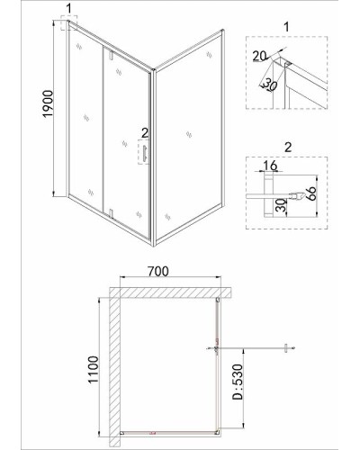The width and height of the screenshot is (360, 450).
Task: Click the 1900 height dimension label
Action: pyautogui.click(x=48, y=103)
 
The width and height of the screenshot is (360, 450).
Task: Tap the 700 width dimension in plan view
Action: pyautogui.click(x=158, y=271)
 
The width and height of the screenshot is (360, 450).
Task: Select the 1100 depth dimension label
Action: pyautogui.click(x=94, y=369)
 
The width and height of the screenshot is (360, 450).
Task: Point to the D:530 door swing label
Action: pyautogui.click(x=238, y=382)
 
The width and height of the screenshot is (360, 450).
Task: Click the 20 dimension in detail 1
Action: pyautogui.click(x=259, y=56)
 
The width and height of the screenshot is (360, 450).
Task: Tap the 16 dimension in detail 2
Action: pyautogui.click(x=270, y=165)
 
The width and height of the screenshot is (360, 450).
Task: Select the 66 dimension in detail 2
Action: pyautogui.click(x=311, y=193)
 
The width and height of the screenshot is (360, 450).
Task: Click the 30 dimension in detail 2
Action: pyautogui.click(x=281, y=205)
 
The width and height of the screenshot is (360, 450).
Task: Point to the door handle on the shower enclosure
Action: pyautogui.click(x=146, y=154)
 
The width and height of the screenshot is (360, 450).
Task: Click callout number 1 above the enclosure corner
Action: pyautogui.click(x=69, y=9)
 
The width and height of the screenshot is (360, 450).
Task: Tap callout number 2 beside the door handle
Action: pyautogui.click(x=145, y=132)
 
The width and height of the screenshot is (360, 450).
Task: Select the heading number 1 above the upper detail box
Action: pyautogui.click(x=286, y=27)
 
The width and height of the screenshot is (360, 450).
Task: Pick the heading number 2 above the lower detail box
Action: pyautogui.click(x=288, y=147)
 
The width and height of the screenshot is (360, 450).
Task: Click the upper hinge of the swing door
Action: pyautogui.click(x=111, y=55)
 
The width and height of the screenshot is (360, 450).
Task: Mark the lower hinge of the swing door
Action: pyautogui.click(x=111, y=212)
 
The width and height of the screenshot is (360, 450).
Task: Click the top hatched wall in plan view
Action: pyautogui.click(x=170, y=292)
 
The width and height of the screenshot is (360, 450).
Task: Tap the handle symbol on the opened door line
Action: pyautogui.click(x=286, y=348)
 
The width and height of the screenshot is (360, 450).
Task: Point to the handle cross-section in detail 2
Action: pyautogui.click(x=297, y=196)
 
